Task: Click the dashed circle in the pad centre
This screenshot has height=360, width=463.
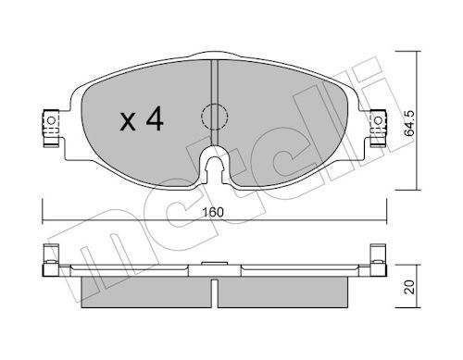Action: coord(214,117)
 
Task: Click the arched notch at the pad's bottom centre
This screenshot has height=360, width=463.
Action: coord(214,169)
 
